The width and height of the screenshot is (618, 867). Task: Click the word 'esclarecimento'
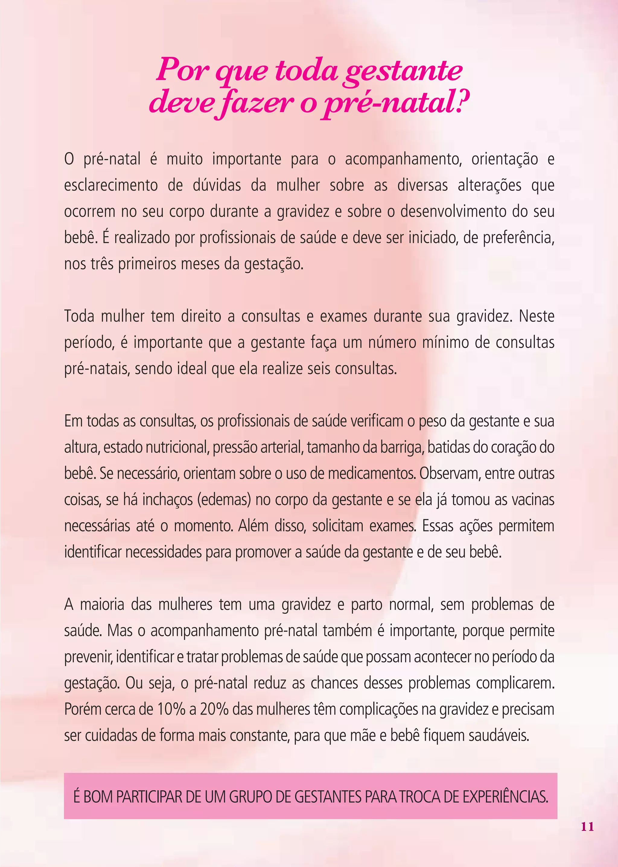tap(111, 185)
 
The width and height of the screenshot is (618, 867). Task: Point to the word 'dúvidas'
tap(217, 185)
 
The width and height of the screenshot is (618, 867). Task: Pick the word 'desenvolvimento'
tap(453, 211)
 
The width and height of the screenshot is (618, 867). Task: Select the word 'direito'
tap(201, 316)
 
